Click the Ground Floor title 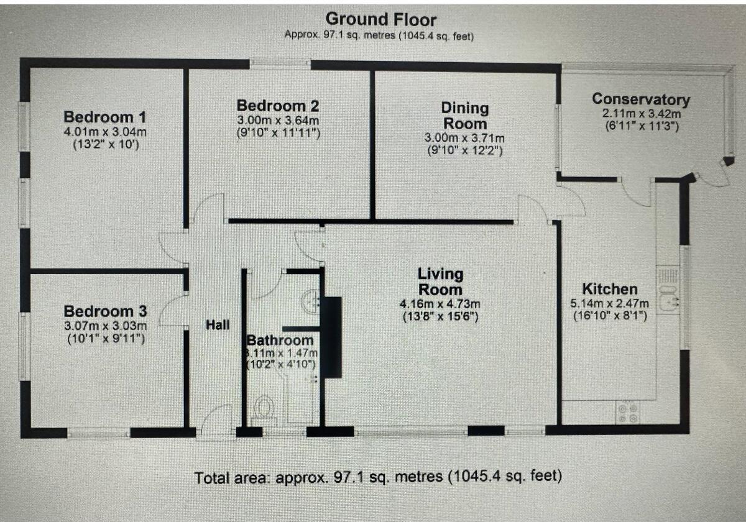point(381,19)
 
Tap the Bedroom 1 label point(105,117)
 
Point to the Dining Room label point(464,116)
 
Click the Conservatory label point(640,99)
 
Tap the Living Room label point(440,282)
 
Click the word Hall point(218,324)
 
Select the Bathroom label point(280,341)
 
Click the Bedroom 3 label point(105,311)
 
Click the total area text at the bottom point(378,477)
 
